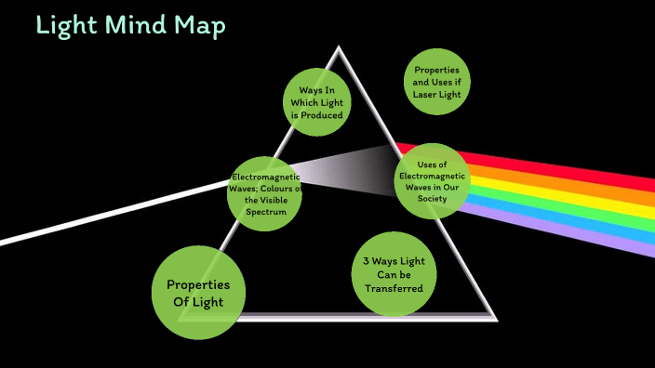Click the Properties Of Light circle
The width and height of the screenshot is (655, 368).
[198, 292]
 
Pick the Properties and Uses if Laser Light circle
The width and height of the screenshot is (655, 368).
[437, 82]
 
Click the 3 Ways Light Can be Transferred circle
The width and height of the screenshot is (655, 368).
[394, 274]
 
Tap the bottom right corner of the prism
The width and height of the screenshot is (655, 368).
[494, 317]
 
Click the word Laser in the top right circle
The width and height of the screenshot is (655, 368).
[429, 94]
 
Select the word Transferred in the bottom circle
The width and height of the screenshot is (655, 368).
[394, 288]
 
